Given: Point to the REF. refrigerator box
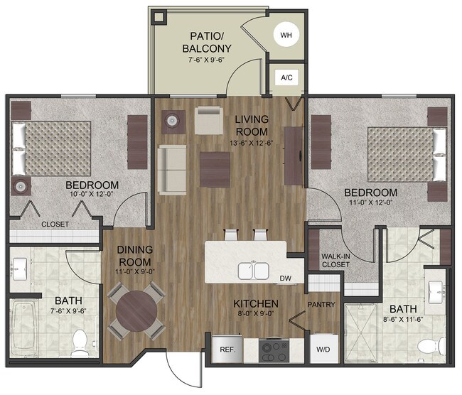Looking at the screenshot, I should pos(228,349).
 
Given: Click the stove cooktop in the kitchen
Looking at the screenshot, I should pos(274,350).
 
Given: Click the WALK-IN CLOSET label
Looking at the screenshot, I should pos(335,260).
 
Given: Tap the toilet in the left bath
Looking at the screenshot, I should pos(82,342).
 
